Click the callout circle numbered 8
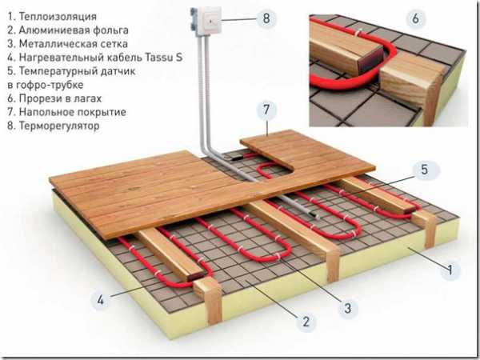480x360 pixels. coord(266,18)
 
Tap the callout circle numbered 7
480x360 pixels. coord(266,110)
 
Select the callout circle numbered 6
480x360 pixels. coord(415,18)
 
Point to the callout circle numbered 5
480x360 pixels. coord(424,170)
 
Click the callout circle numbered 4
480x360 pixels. coord(101,300)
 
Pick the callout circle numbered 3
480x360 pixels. coord(347,308)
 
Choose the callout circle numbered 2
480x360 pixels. coord(306,322)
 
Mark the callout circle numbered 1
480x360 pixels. coord(450,270)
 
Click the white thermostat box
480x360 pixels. coord(206,22)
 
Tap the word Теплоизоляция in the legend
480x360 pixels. coord(58,17)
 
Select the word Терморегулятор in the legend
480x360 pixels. coord(59,126)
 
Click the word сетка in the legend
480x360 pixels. coord(114,44)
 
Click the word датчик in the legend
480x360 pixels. coord(118,71)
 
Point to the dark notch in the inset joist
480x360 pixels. coord(373,58)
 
